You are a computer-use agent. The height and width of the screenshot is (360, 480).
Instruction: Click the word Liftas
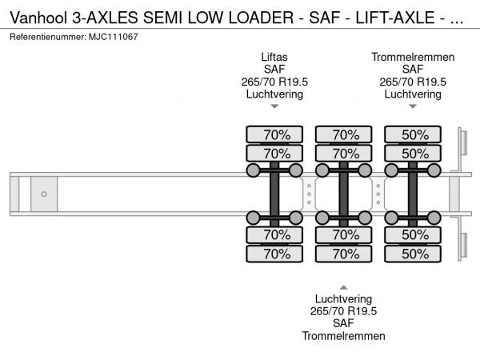[x=274, y=57]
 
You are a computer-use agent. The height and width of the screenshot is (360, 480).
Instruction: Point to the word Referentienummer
[x=44, y=38]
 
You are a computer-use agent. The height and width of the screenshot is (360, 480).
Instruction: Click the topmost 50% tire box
[x=414, y=134]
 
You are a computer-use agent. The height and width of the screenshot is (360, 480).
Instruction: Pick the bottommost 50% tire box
[x=414, y=254]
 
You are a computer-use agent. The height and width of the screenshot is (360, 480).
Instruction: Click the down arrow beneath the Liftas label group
[x=274, y=106]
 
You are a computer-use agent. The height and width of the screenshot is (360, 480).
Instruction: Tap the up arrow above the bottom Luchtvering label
[x=343, y=286]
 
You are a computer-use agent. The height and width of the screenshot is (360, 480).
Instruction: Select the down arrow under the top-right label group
[x=413, y=106]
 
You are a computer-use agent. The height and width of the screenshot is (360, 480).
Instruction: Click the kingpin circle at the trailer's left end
[x=44, y=194]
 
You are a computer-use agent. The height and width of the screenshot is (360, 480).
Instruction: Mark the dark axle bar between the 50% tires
[x=414, y=194]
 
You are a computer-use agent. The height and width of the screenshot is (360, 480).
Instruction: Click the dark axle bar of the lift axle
[x=274, y=194]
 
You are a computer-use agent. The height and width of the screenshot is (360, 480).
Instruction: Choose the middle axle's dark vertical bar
[x=344, y=194]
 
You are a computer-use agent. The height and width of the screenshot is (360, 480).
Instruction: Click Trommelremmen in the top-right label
[x=413, y=57]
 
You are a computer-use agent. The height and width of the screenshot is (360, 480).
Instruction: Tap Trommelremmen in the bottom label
[x=343, y=336]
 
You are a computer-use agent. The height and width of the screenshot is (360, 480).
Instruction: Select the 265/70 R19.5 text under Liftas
[x=274, y=82]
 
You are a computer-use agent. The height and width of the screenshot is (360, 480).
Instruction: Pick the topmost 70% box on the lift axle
[x=275, y=134]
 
